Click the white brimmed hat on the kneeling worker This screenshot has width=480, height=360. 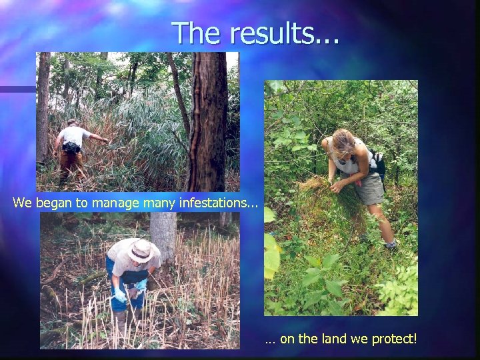(x=141, y=251)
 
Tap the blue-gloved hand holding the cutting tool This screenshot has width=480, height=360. (x=120, y=294)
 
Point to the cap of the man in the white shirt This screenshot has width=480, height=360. (x=72, y=122)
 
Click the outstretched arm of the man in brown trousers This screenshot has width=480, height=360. (x=97, y=138)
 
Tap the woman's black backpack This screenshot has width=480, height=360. (x=379, y=164)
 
